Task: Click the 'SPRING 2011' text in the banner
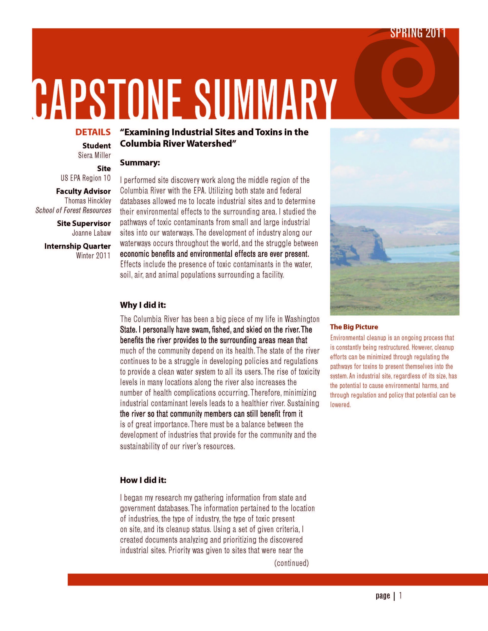pos(418,33)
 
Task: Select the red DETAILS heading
pos(93,132)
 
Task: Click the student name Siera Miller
pos(94,156)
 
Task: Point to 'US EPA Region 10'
pos(86,178)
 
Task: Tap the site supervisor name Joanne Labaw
pos(92,233)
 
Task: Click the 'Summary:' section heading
pos(140,163)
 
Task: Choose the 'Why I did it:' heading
pos(143,305)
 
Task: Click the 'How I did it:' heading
pos(143,480)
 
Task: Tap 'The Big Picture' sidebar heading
pos(354,327)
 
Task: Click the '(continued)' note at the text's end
pos(291,563)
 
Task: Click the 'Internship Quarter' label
pos(77,246)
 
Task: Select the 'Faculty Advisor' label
pos(83,191)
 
